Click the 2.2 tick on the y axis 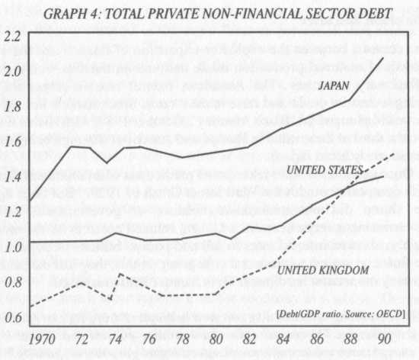tap(12, 37)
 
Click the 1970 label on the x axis tap(43, 336)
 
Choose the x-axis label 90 tap(382, 336)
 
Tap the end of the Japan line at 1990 tap(382, 58)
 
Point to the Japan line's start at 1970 tap(30, 200)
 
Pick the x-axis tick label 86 tap(315, 336)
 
